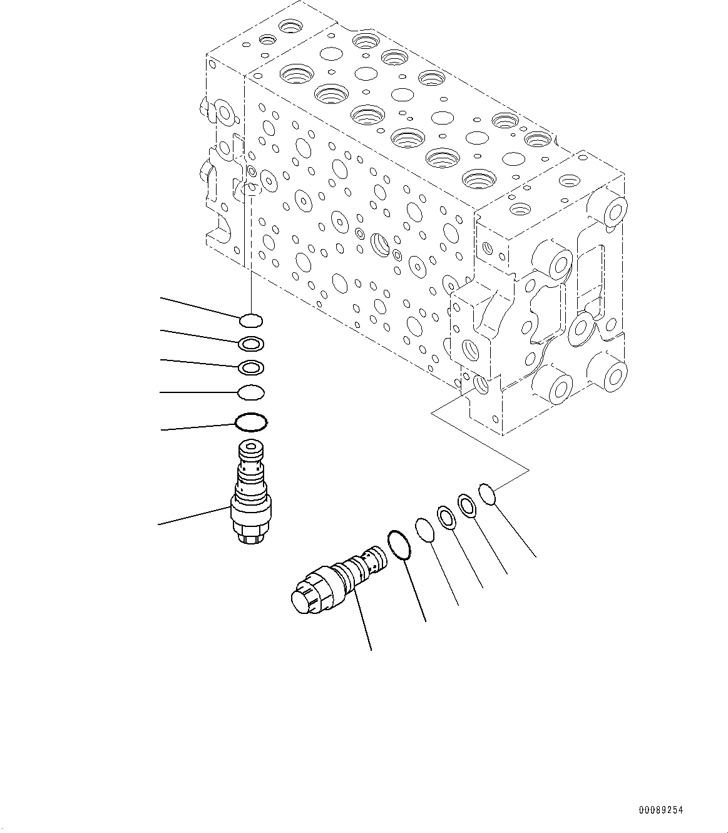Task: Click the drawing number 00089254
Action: [x=661, y=810]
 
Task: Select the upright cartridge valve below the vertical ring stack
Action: [x=251, y=494]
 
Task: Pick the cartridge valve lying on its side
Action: [x=338, y=576]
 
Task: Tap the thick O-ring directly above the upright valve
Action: [x=251, y=421]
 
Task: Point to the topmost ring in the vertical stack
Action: [x=251, y=321]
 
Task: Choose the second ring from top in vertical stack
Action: [x=251, y=344]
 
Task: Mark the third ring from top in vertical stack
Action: [x=251, y=367]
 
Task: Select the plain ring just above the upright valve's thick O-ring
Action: [x=251, y=393]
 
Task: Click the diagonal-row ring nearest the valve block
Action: [x=488, y=493]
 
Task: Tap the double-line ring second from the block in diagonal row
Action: [x=467, y=504]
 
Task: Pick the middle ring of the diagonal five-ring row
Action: [x=447, y=517]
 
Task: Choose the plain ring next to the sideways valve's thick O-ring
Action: [x=424, y=529]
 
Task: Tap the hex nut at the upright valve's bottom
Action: [x=252, y=535]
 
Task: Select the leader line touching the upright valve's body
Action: [x=194, y=514]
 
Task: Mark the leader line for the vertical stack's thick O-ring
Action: [x=198, y=427]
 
